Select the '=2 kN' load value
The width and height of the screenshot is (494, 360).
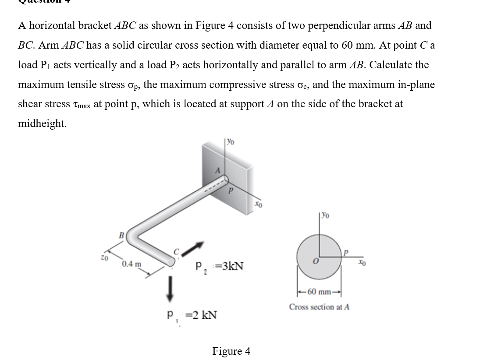coord(199,315)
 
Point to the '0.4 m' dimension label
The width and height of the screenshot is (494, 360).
coord(131,264)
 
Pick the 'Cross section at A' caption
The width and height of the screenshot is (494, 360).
coord(319,307)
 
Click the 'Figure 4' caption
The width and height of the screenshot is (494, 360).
coord(231,351)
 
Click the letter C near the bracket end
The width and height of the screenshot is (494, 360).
coord(177,251)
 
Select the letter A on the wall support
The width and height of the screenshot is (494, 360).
coord(216,171)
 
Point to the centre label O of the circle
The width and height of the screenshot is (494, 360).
coord(314,261)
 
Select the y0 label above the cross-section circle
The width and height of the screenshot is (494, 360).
coord(326,215)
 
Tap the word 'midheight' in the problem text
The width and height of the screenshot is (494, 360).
coord(42,124)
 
